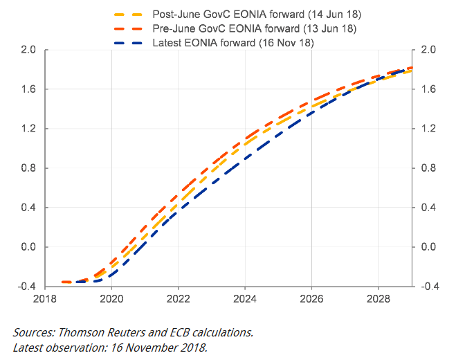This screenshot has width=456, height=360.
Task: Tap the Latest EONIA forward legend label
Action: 232,43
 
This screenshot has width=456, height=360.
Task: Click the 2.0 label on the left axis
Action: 28,50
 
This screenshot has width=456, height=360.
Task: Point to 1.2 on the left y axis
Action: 28,129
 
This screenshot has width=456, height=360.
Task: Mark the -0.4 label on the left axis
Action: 27,286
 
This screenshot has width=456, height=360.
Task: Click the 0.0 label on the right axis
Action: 428,247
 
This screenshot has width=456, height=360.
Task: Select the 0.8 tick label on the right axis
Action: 428,168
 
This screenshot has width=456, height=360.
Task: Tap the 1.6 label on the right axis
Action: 428,89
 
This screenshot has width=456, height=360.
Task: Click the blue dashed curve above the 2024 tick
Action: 245,159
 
